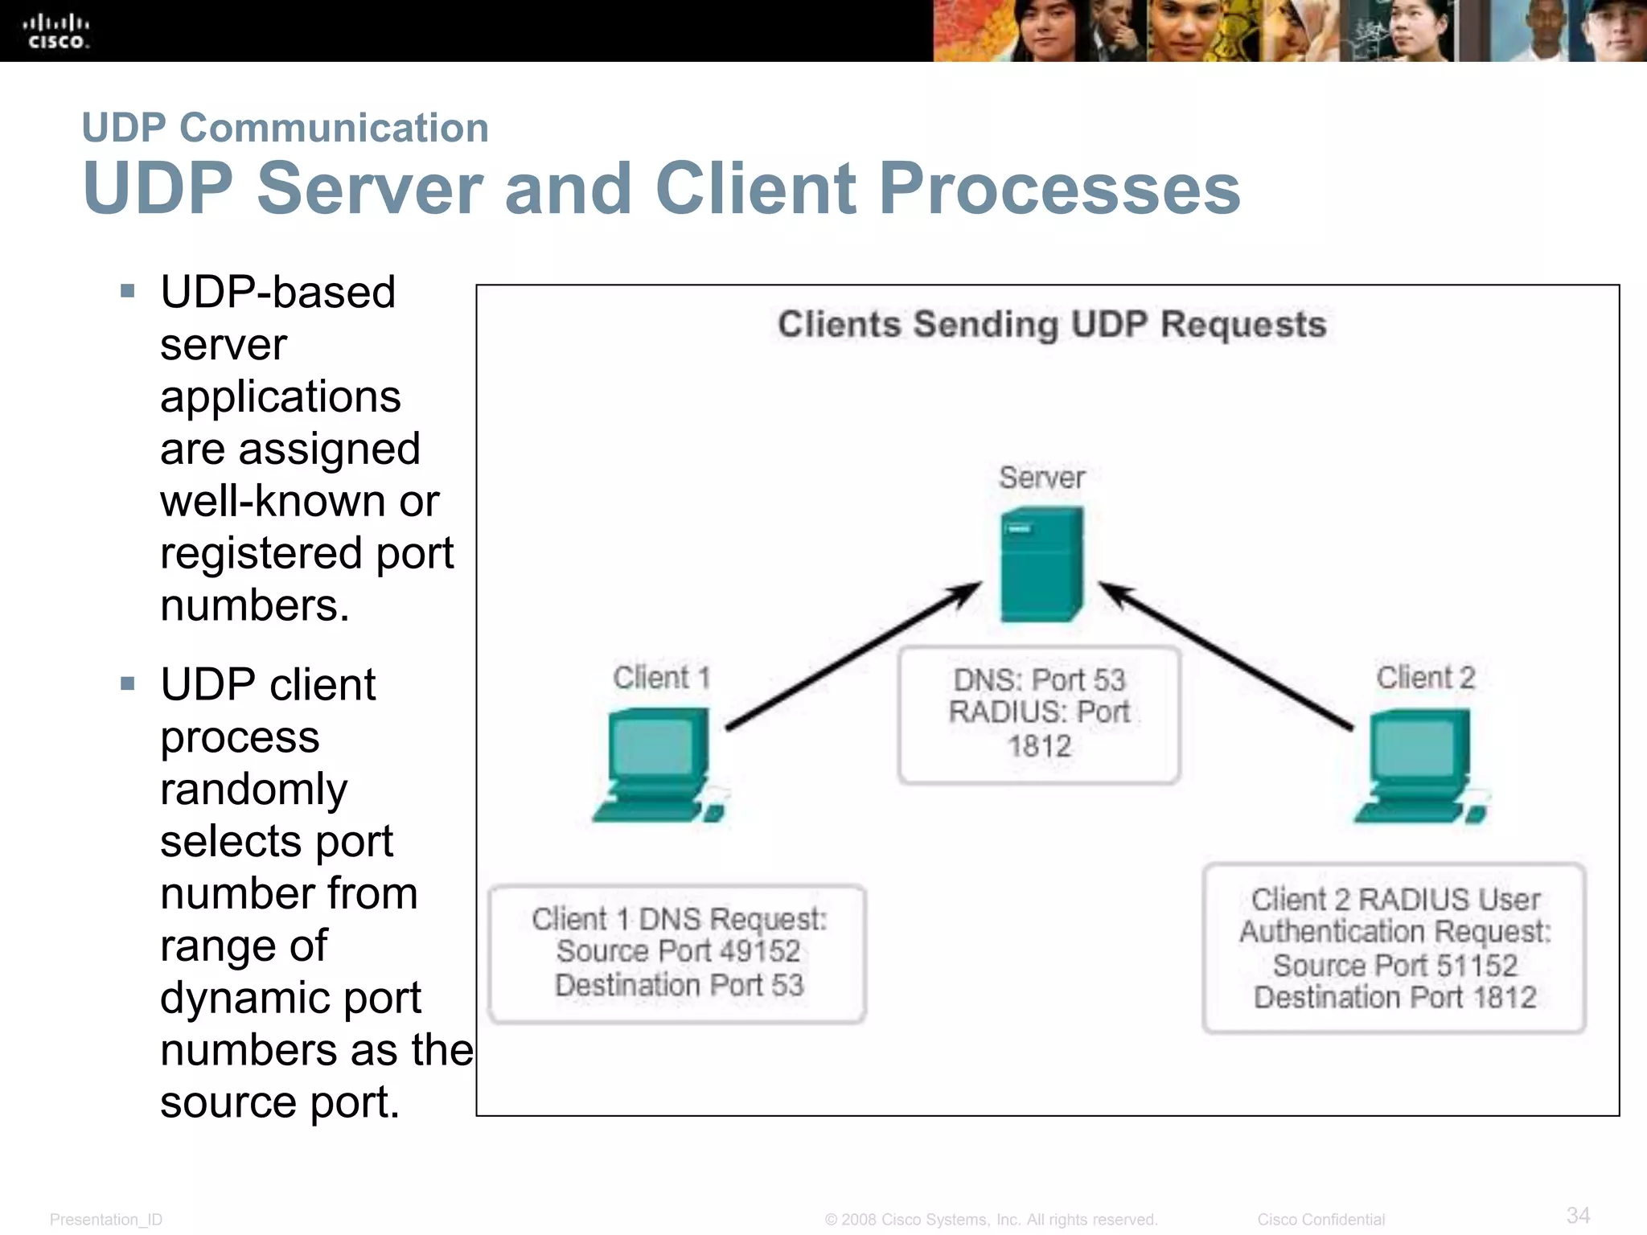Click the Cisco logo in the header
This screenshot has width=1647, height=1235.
click(55, 32)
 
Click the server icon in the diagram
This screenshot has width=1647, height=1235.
click(1041, 564)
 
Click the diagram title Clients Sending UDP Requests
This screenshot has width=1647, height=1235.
click(1051, 325)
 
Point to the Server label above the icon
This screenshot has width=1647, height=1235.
click(1041, 478)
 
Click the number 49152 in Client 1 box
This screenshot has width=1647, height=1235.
click(760, 951)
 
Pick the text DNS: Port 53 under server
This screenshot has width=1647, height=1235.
click(1039, 680)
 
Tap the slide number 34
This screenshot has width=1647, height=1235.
click(1578, 1215)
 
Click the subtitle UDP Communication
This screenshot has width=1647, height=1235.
click(285, 128)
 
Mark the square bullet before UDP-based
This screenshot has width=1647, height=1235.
click(127, 291)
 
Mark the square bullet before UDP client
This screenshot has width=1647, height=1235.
click(127, 684)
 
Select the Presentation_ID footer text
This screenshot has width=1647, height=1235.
click(105, 1220)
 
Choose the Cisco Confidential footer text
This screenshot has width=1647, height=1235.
click(1320, 1220)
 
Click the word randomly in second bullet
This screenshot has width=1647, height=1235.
click(253, 789)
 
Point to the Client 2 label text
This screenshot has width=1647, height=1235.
click(1425, 678)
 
